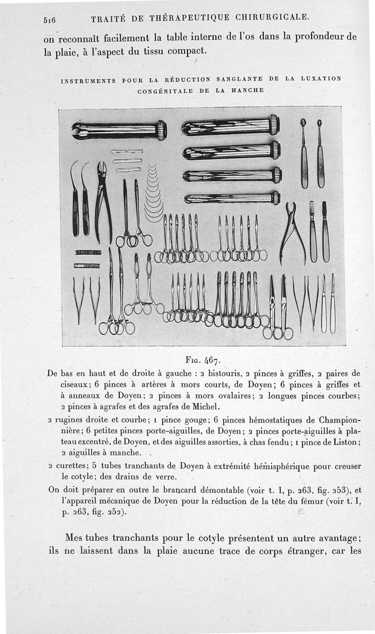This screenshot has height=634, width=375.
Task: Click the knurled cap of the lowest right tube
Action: coord(276,198)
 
